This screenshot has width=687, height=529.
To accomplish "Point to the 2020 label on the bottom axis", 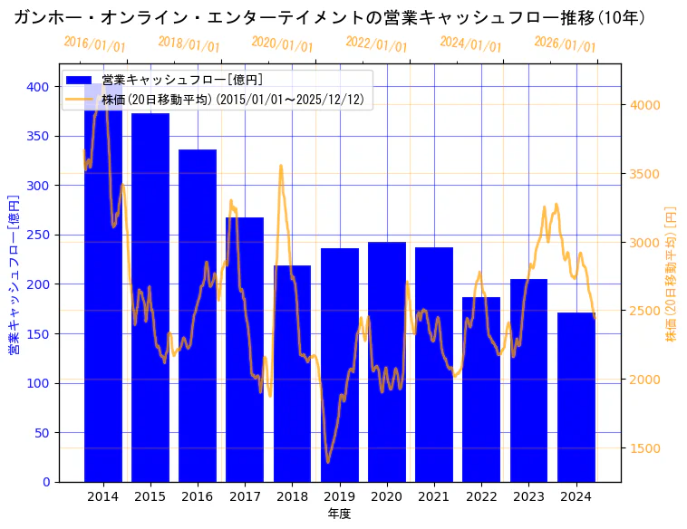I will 387,496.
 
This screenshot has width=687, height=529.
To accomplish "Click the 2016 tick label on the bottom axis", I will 198,496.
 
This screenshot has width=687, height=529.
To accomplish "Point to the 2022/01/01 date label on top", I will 376,44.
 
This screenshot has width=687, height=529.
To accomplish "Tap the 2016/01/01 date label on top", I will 94,44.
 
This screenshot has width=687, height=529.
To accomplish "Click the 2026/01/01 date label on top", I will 565,44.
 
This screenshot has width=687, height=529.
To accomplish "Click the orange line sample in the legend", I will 80,100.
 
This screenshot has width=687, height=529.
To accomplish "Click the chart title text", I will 329,17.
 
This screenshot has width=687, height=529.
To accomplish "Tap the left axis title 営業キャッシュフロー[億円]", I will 14,274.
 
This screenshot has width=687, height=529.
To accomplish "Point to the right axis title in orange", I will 672,274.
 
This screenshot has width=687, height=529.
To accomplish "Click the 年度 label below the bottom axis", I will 339,514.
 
